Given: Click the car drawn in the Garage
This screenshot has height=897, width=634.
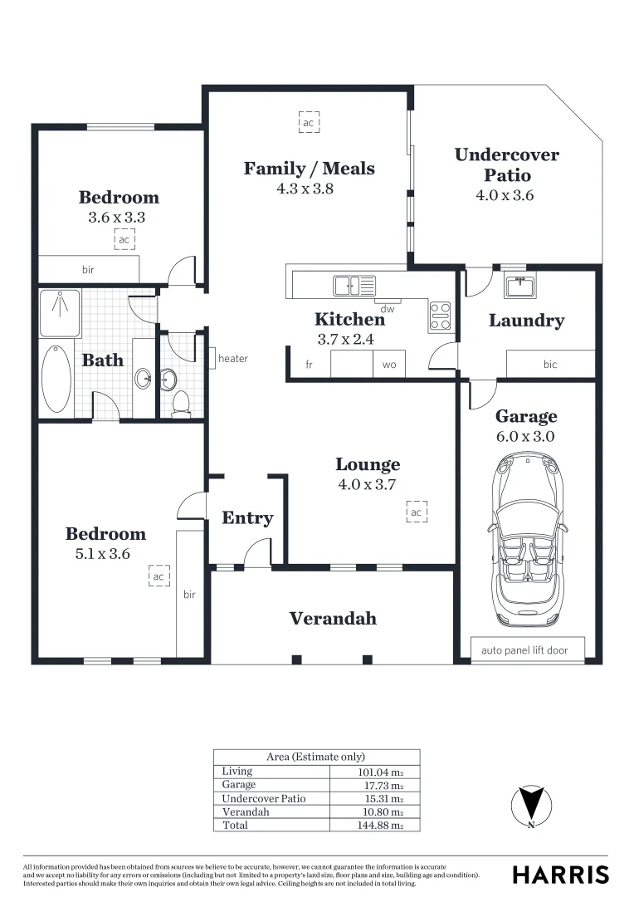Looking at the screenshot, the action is click(x=527, y=540).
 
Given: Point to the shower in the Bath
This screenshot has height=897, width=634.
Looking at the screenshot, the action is click(x=60, y=312).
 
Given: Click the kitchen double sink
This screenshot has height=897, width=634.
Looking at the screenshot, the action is click(x=354, y=286).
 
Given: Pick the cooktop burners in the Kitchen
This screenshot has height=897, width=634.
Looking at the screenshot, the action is click(x=440, y=315).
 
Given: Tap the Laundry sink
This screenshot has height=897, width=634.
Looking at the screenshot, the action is click(x=519, y=286).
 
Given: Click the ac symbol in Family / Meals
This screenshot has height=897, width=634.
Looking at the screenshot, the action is click(x=309, y=123).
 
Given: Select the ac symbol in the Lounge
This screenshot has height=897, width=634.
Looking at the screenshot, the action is click(x=416, y=512).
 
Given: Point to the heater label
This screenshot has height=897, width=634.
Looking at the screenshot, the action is click(x=233, y=359).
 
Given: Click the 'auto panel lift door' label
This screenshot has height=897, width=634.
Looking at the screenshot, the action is click(x=524, y=650).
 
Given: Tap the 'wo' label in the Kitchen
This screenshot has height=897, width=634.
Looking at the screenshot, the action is click(x=389, y=365).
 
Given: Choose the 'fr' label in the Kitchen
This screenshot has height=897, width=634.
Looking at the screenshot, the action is click(x=310, y=365).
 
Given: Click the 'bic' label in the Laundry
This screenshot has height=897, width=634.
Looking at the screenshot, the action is click(x=550, y=365).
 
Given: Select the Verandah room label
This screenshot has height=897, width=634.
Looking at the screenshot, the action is click(x=332, y=619).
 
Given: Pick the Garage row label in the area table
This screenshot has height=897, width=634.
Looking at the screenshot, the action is click(x=239, y=785).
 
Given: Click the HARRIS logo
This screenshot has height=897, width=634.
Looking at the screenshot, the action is click(x=560, y=875).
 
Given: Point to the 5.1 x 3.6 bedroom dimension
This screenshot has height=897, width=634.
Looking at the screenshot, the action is click(x=98, y=554).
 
